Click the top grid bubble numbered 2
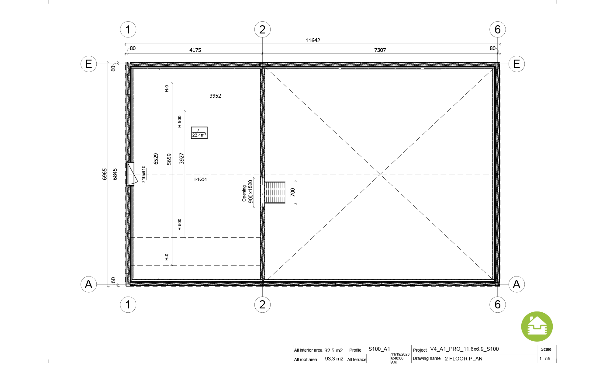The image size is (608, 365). (262, 30)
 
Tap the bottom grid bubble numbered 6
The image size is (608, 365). (498, 304)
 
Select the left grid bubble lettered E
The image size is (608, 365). (89, 64)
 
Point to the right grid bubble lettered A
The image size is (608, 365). (516, 284)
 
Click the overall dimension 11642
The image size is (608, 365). (313, 40)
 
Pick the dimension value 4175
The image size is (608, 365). (195, 50)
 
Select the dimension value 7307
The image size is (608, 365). (380, 50)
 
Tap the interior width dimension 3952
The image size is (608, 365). (215, 96)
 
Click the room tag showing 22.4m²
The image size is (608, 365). (199, 133)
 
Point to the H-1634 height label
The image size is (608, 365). (199, 179)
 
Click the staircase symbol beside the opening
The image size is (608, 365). (275, 193)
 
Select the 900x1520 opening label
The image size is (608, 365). (250, 192)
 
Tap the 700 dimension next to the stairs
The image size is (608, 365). (293, 192)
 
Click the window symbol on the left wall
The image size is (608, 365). (131, 174)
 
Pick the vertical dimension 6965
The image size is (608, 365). (105, 174)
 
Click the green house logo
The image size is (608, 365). (537, 327)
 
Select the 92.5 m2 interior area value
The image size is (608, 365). (333, 350)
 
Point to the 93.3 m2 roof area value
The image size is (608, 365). (334, 359)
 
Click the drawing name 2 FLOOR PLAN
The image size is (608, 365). (464, 359)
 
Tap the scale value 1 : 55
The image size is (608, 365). (545, 359)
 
